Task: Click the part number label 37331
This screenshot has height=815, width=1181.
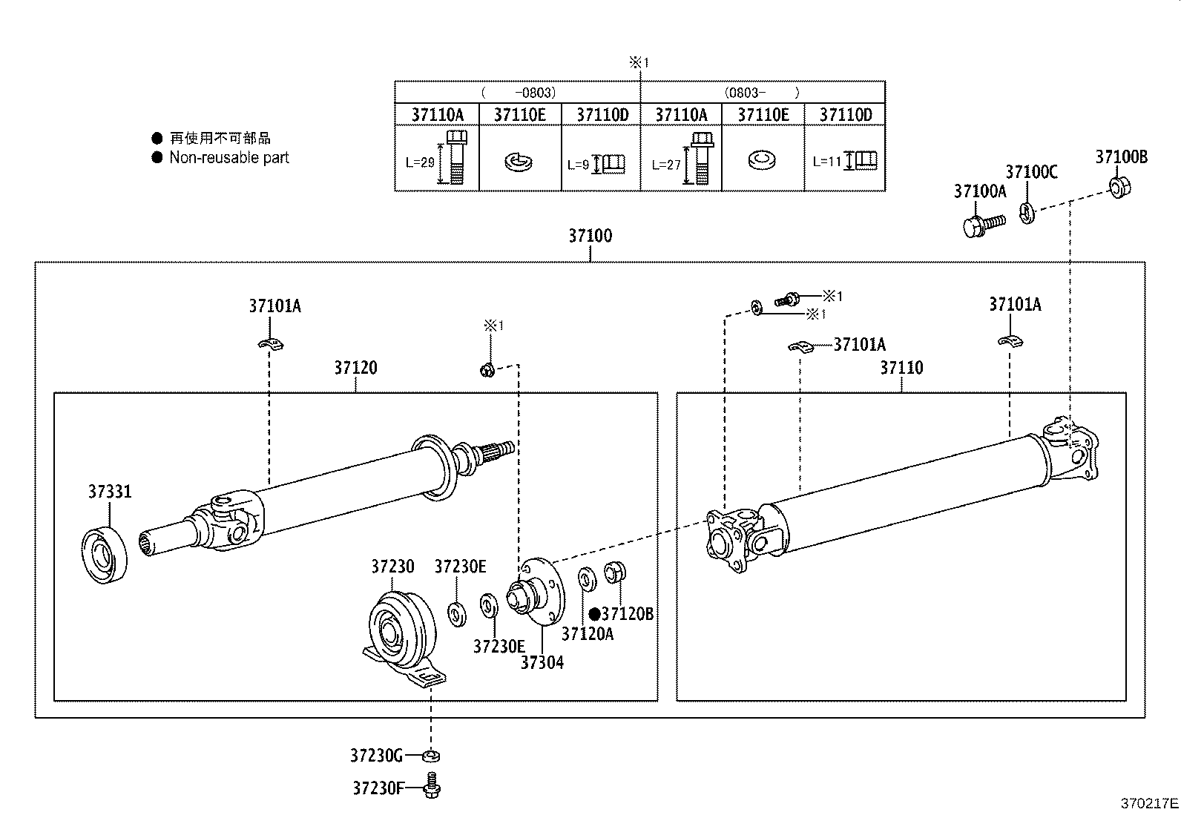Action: click(110, 492)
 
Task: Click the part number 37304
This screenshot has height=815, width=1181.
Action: click(542, 663)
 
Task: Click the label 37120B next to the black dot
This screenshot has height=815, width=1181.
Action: click(628, 614)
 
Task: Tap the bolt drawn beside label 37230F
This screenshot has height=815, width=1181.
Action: click(431, 786)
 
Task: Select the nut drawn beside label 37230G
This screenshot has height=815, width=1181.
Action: click(430, 756)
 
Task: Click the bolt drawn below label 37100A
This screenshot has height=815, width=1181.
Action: click(981, 224)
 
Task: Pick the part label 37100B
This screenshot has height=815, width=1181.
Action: click(1121, 157)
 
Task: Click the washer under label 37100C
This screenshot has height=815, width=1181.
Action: click(1027, 214)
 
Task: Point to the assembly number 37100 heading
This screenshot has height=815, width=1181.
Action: click(590, 236)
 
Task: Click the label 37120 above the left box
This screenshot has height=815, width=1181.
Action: click(355, 368)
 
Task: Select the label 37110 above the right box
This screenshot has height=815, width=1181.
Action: click(901, 368)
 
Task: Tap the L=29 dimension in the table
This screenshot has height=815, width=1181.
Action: click(421, 163)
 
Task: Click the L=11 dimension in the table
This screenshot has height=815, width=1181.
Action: click(826, 161)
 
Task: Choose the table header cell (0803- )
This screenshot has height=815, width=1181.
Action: click(762, 93)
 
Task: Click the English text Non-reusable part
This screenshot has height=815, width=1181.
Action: click(229, 157)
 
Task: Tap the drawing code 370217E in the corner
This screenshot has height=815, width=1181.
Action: click(1149, 803)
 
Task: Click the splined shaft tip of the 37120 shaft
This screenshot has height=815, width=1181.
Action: click(499, 448)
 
